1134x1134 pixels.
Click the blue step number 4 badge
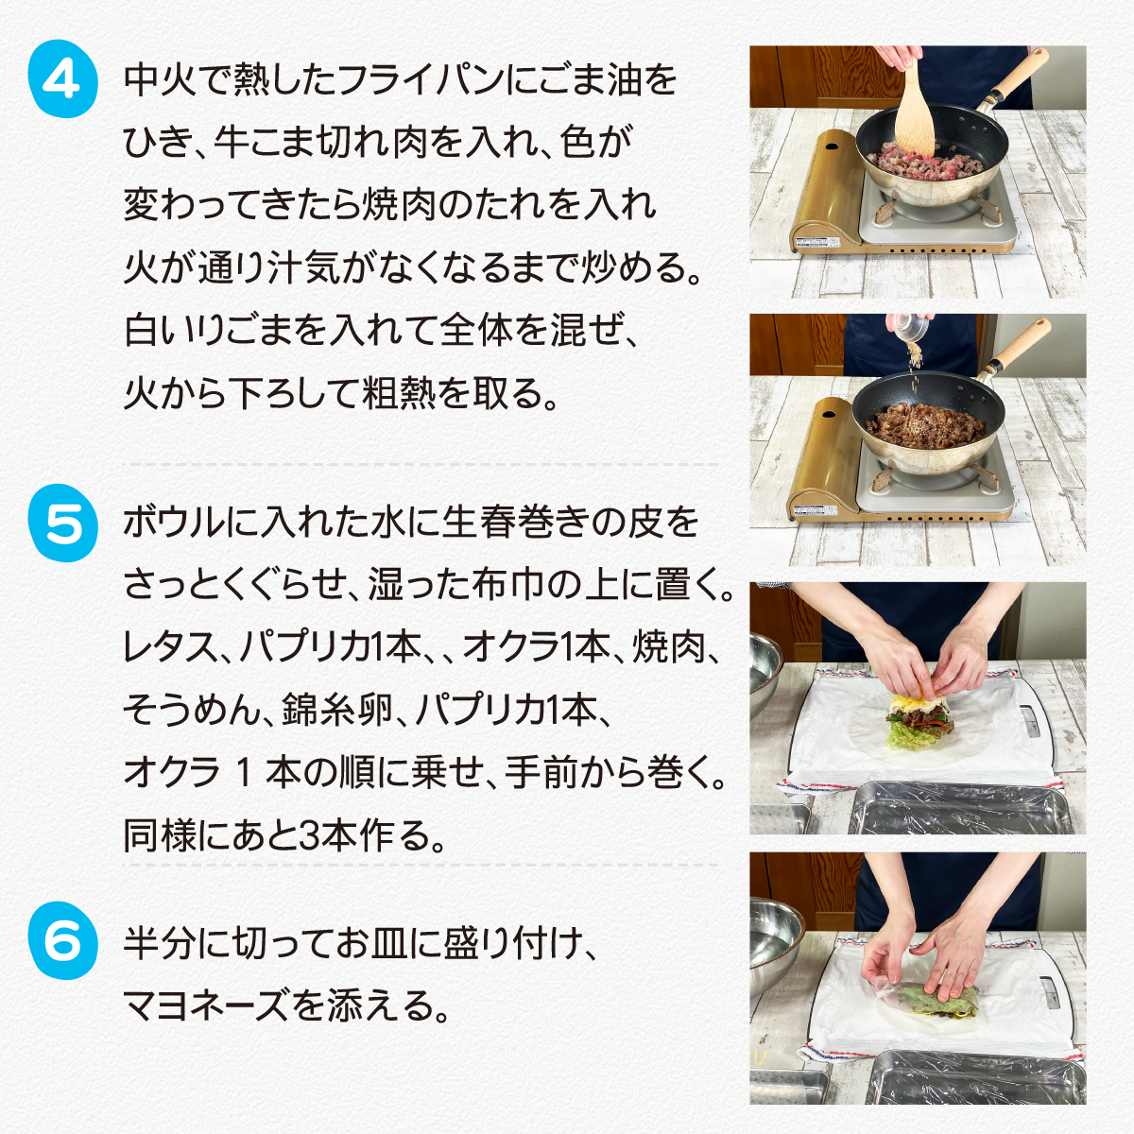coord(63,78)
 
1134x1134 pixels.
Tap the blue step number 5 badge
coord(63,523)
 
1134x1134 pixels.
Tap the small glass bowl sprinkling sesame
coord(909,326)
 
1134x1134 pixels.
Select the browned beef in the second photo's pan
coord(926,425)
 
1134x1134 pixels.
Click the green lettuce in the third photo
coord(910,736)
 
